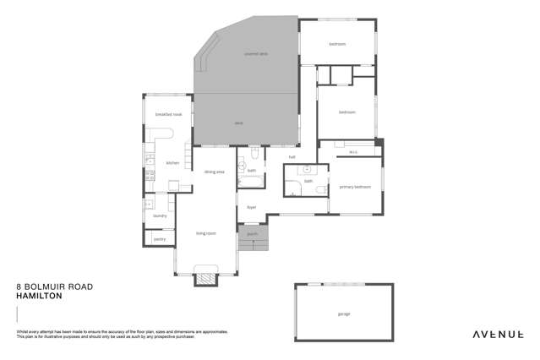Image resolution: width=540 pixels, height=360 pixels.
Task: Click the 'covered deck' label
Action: point(255,53)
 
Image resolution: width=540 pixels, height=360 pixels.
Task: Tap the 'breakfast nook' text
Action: point(168,114)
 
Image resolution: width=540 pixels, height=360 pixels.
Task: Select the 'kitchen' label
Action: point(172,162)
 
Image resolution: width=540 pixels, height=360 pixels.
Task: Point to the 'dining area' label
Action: point(214,172)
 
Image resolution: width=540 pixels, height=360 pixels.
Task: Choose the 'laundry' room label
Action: point(160,215)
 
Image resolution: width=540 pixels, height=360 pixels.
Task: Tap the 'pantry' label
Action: point(160,239)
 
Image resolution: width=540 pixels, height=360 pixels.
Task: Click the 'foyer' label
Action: point(251,206)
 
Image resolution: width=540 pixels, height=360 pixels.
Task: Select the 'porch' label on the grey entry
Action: point(252,234)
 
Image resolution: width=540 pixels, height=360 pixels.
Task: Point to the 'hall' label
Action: point(292,156)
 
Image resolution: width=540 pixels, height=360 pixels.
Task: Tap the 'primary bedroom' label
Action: point(355,186)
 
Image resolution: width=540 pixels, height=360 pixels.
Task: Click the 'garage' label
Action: point(344,314)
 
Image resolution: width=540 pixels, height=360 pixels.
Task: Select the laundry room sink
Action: point(149,204)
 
